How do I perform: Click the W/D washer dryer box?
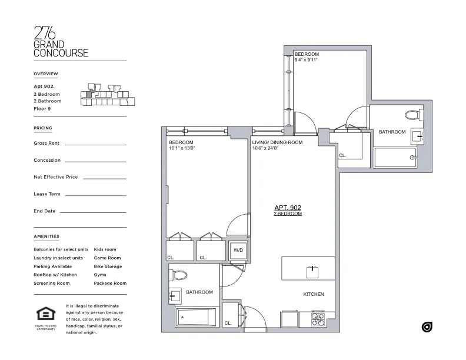(x=238, y=251)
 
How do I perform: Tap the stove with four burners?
(x=318, y=319)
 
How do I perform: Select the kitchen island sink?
(x=311, y=272)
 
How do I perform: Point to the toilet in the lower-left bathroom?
(x=179, y=275)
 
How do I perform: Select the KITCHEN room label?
(x=313, y=294)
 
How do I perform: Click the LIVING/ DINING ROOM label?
(x=277, y=142)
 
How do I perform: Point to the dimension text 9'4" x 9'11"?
(x=306, y=59)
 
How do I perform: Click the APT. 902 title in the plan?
(x=288, y=208)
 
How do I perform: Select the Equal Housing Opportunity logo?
(x=45, y=315)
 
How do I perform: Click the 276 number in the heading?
(x=46, y=32)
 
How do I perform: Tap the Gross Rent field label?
(x=47, y=143)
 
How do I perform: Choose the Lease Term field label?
(x=47, y=194)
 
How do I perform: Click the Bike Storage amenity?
(x=108, y=266)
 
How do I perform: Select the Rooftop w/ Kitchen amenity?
(x=55, y=275)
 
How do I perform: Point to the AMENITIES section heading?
(x=46, y=236)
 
